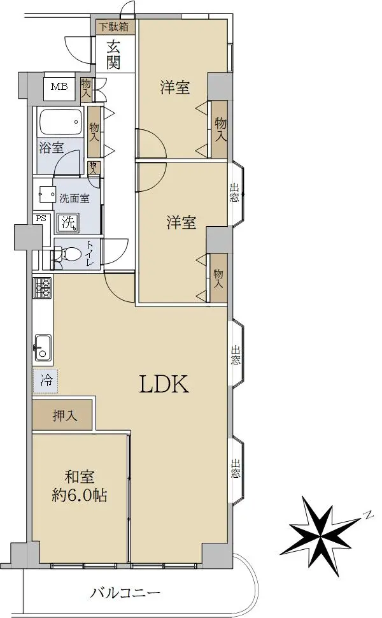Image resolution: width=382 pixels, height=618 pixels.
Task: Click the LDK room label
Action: [164, 384]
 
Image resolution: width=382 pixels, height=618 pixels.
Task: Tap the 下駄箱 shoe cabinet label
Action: [113, 27]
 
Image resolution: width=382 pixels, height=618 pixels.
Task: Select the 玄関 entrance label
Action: [113, 55]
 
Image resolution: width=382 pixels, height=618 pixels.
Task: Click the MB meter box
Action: [59, 86]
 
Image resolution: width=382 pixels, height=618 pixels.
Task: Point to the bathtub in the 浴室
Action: [60, 122]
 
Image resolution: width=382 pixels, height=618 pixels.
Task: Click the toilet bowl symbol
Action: [67, 254]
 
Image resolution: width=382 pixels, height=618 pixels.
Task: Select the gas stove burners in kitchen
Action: [43, 288]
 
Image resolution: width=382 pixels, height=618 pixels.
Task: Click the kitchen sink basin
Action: [43, 347]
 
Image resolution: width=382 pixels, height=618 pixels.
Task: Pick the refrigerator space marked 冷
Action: [46, 381]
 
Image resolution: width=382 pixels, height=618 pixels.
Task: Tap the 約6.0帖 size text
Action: [79, 496]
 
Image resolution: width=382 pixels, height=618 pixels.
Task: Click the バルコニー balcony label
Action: [125, 593]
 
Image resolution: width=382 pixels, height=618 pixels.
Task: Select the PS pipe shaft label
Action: [41, 218]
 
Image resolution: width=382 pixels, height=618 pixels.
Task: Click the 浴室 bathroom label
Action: [51, 148]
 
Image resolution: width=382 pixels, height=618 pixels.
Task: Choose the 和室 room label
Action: [79, 477]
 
